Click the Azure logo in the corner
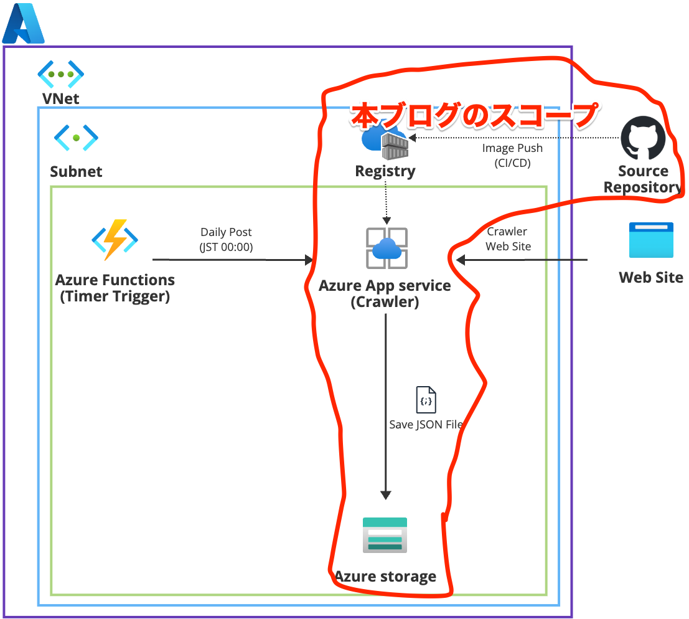(23, 24)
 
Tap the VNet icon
(60, 74)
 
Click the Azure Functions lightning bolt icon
(115, 239)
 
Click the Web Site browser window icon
(650, 240)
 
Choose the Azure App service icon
(386, 248)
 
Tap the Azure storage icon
(385, 535)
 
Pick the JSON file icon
(426, 400)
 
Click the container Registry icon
(386, 142)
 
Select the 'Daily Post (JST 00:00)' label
(226, 239)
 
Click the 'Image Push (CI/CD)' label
(512, 156)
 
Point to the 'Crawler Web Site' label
(508, 239)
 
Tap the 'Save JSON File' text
(426, 425)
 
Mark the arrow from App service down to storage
(386, 405)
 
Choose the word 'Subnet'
(76, 171)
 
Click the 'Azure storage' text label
(385, 576)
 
